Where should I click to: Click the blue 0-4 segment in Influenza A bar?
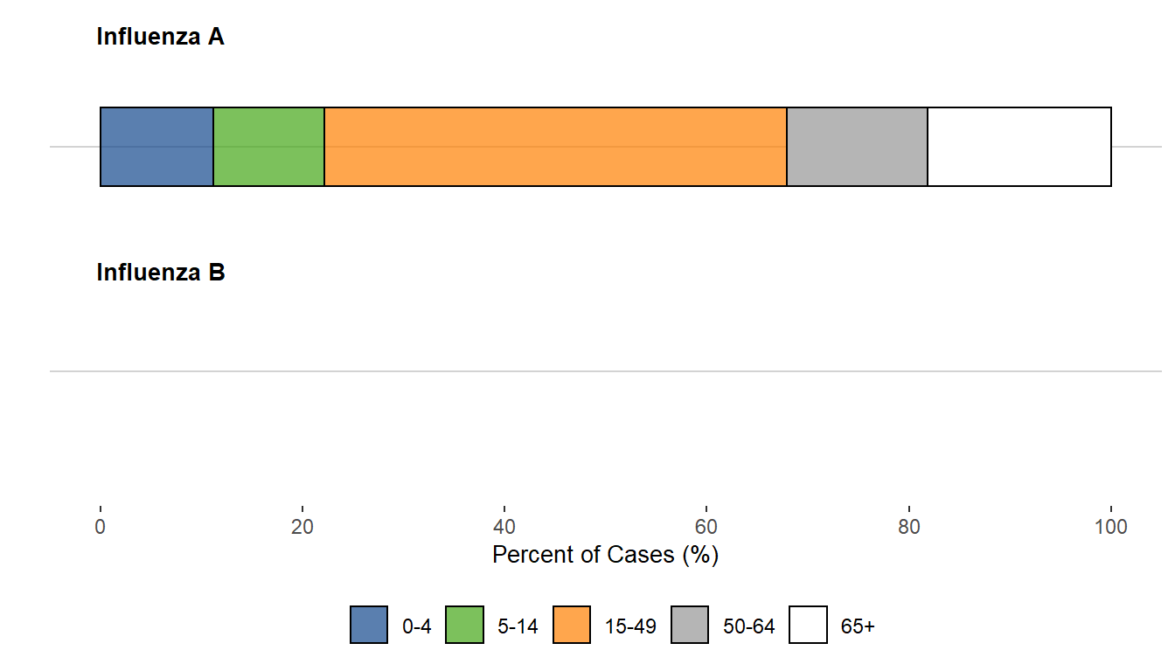156,147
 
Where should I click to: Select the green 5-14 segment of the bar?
268,147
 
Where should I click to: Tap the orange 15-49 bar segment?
555,147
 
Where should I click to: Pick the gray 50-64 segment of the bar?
857,147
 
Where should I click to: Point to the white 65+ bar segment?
1019,147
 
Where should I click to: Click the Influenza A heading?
160,38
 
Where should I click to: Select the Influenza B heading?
161,273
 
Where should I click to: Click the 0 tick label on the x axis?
101,528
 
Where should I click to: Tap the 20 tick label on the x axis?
302,528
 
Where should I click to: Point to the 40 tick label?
504,528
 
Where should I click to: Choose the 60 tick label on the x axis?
706,528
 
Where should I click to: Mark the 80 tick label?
909,528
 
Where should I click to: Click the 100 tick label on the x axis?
1110,528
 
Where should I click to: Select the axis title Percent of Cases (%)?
605,555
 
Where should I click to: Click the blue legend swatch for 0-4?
369,626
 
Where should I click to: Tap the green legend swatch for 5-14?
464,626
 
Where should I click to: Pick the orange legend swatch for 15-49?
572,626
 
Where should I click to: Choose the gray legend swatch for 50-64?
691,626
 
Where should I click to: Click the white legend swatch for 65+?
808,626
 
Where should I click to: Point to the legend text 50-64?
749,626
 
